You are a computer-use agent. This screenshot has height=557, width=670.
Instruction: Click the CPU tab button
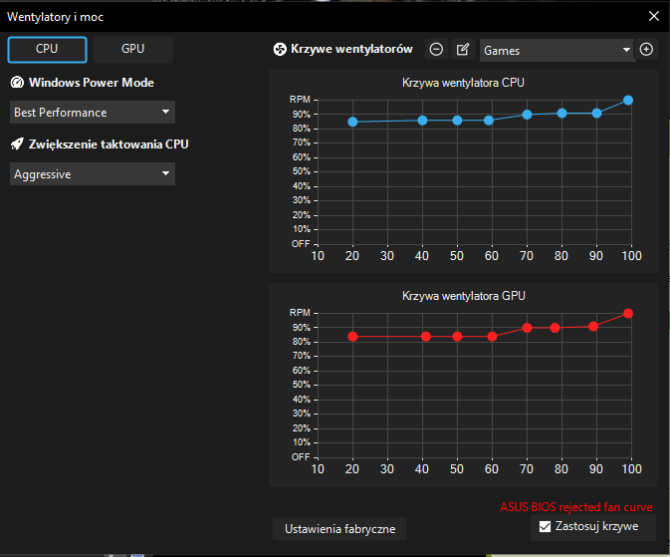(47, 49)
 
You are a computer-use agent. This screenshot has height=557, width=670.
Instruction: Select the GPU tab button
(132, 49)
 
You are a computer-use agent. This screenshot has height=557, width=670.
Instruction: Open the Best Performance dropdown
(93, 113)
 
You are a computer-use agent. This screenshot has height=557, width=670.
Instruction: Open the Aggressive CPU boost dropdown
(93, 174)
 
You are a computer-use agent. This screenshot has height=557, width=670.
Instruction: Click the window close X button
(653, 16)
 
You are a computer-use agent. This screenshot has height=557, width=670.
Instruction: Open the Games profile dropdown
(556, 50)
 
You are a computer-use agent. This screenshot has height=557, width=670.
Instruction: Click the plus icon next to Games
(646, 50)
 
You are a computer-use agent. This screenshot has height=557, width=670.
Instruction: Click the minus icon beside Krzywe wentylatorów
(436, 50)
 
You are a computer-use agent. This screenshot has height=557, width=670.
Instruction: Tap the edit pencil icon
(462, 50)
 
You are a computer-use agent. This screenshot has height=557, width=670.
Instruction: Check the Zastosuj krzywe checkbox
(545, 526)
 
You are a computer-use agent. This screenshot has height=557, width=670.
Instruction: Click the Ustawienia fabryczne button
(339, 528)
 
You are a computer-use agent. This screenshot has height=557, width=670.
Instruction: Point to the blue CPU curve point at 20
(352, 122)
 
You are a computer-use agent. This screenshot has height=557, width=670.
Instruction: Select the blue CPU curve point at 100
(628, 100)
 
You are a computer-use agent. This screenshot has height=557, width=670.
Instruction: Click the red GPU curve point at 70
(528, 328)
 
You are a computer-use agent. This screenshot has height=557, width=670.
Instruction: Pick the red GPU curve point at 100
(628, 313)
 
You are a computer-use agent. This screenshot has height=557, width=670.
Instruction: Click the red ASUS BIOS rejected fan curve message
(575, 507)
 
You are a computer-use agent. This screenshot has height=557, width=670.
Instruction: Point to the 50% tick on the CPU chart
(300, 171)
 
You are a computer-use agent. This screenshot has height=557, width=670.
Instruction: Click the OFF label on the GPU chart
(300, 456)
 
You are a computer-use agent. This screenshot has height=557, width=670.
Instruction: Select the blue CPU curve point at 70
(528, 115)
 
